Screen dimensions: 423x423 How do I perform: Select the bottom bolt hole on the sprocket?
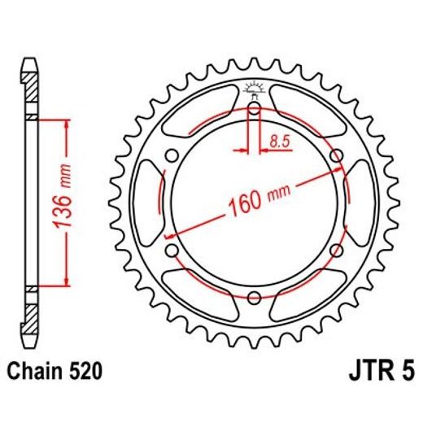(x=254, y=295)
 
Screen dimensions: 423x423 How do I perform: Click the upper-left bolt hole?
(x=172, y=155)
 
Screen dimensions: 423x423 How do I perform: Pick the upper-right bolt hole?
(x=335, y=155)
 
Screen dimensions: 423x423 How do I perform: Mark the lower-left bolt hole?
(x=172, y=249)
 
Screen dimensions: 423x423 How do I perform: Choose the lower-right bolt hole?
(x=335, y=249)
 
